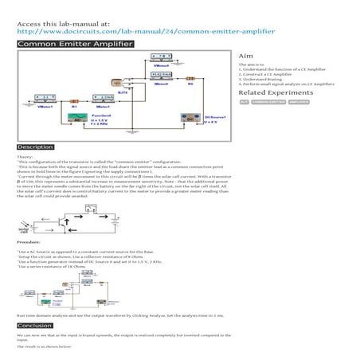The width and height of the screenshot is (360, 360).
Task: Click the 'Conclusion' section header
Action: [34, 326]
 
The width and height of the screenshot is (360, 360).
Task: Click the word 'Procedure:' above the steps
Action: [29, 240]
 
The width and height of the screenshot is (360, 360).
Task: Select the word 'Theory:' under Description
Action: [25, 156]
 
